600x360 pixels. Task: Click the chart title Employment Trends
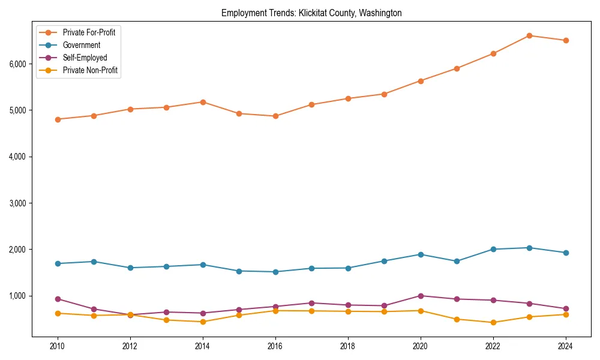point(311,13)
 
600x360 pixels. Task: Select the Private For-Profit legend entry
point(89,32)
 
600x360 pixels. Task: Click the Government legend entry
point(81,45)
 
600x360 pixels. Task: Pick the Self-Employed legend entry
point(85,58)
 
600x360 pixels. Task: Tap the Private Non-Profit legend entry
point(90,70)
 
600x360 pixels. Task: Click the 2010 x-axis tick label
point(58,346)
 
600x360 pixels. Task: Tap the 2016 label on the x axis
point(275,346)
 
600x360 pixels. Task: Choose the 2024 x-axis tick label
point(565,346)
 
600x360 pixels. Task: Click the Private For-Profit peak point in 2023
point(529,35)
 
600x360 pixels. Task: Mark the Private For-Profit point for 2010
point(58,119)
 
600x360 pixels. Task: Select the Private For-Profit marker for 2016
point(275,116)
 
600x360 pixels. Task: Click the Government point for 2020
point(421,254)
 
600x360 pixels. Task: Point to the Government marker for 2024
point(565,253)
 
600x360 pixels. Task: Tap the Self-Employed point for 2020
point(421,296)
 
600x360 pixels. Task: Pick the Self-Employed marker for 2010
point(58,299)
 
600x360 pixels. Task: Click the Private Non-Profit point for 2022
point(493,322)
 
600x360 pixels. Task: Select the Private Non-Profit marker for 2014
point(203,322)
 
